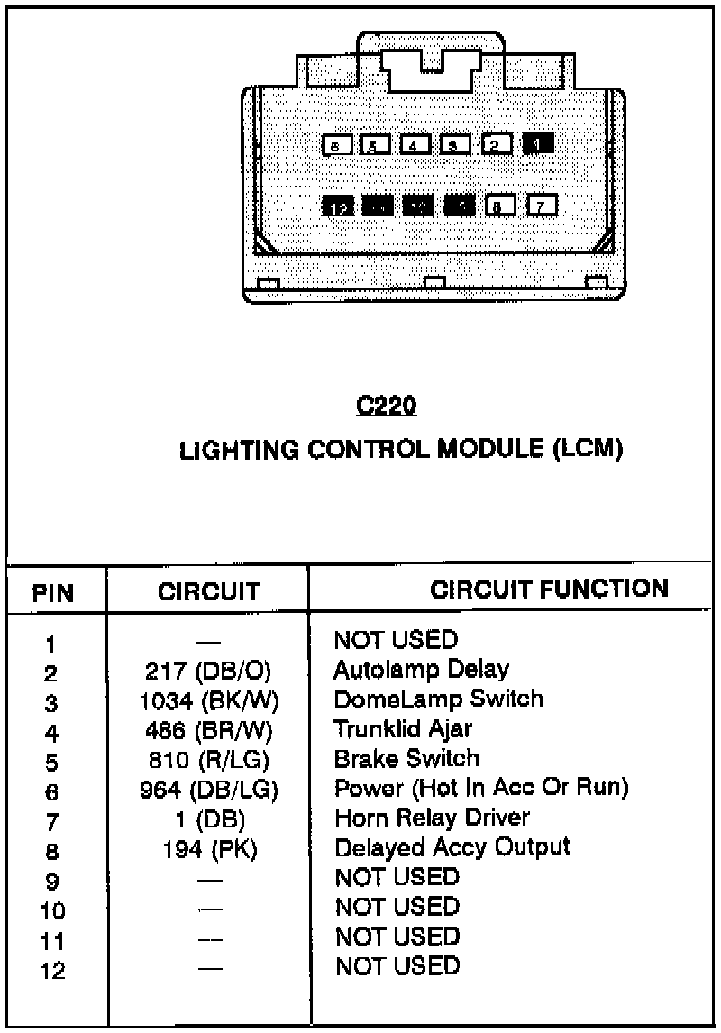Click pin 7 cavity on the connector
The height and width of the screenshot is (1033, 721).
point(541,206)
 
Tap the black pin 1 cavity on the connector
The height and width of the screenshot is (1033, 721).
point(538,143)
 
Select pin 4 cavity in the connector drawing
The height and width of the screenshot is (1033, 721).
point(415,144)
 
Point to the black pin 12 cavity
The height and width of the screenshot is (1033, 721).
point(338,207)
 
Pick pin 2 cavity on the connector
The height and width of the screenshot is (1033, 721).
point(497,144)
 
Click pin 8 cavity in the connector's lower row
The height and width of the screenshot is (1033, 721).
point(499,206)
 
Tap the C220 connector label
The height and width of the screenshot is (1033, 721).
point(387,407)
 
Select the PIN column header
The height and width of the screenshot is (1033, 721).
point(54,592)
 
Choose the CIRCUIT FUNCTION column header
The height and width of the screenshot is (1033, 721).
point(549,590)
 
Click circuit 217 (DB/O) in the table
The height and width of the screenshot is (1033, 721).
point(208,672)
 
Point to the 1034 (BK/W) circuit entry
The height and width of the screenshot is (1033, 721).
point(208,701)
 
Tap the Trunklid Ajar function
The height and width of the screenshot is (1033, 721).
point(403,728)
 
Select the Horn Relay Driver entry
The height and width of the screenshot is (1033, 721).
point(432,818)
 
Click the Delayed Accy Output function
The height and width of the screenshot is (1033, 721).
point(452,847)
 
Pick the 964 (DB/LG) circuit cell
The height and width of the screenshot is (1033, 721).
point(208,791)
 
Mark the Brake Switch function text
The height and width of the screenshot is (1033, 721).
point(406,758)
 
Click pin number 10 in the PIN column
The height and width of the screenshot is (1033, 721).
point(52,911)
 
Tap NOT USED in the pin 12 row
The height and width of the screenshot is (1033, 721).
point(397,966)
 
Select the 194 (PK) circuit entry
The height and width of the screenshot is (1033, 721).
point(208,850)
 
